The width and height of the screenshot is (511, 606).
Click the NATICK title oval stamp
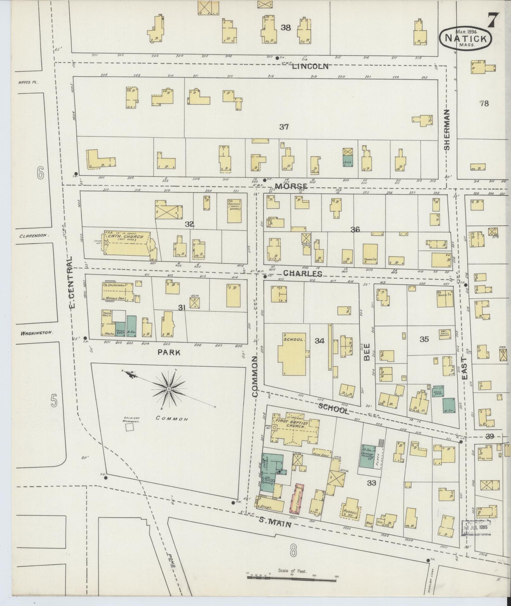(x=466, y=37)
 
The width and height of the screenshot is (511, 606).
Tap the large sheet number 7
(x=494, y=19)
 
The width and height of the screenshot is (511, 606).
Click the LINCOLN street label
(x=310, y=66)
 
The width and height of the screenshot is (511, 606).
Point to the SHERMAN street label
(x=447, y=130)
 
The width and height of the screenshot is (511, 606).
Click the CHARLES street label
(x=303, y=273)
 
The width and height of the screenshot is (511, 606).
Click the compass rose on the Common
(x=169, y=389)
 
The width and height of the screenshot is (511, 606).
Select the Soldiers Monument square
(x=130, y=427)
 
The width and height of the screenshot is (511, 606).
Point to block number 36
(x=355, y=229)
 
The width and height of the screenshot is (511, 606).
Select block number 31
(x=182, y=308)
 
